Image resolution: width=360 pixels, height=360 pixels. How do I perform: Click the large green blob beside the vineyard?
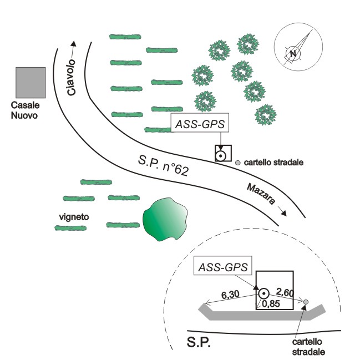[x=165, y=219]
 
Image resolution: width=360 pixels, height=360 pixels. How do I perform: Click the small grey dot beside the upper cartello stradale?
[x=238, y=163]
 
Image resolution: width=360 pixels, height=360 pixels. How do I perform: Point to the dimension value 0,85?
[x=271, y=304]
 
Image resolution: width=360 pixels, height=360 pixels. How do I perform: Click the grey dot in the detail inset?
[x=305, y=302]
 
